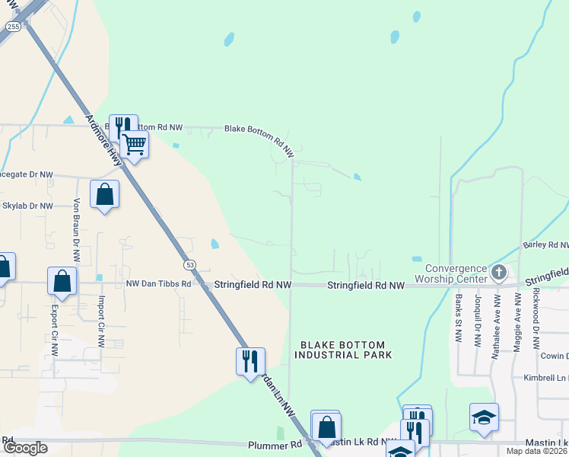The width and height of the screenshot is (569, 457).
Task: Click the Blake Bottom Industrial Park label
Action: pos(343,350)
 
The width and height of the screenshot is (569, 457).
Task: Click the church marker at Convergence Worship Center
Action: pos(499,271)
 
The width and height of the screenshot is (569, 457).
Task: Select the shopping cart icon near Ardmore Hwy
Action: pos(134,143)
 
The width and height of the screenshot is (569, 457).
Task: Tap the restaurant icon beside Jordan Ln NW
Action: pos(250,361)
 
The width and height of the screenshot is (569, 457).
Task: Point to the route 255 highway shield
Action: pos(13,26)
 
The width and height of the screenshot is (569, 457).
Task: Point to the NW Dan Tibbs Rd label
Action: pos(157,284)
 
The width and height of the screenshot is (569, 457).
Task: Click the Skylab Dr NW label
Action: pos(27,206)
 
